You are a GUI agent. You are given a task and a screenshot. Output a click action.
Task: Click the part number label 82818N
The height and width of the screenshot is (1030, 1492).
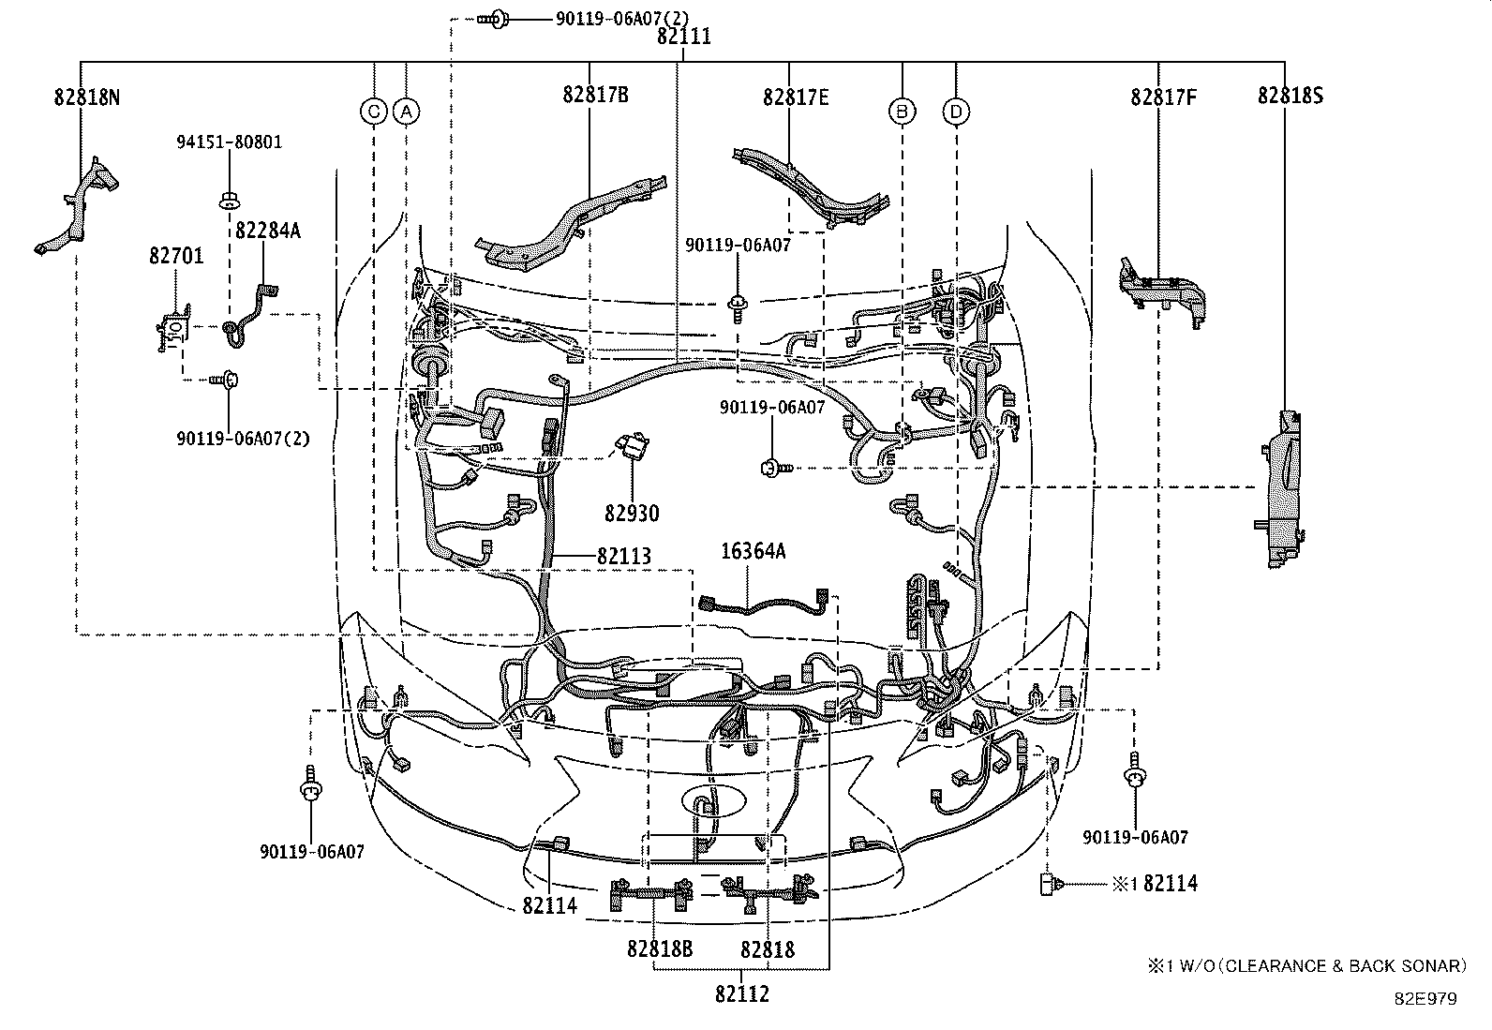point(86,97)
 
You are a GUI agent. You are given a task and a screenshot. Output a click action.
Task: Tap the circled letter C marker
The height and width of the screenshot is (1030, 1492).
point(374,112)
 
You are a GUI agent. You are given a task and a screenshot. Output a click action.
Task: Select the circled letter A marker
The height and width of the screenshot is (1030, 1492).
point(407,112)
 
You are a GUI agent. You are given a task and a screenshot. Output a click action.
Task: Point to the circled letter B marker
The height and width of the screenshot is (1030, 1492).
point(902,111)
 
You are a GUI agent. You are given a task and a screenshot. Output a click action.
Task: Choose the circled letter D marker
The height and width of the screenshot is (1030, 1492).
point(956,112)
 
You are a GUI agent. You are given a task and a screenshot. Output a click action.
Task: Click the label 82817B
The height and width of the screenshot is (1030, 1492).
point(595,95)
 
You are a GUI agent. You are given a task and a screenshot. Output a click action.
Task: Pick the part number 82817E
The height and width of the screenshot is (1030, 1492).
point(796,97)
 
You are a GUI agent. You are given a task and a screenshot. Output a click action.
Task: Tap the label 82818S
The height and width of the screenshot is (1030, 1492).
point(1291,96)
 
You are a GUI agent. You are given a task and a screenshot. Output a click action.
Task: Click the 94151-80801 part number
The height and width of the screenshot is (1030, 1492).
point(229,142)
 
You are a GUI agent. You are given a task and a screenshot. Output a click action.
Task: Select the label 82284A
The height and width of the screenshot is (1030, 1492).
point(268,231)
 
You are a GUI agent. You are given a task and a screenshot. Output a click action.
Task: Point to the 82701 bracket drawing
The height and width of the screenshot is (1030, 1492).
point(173,328)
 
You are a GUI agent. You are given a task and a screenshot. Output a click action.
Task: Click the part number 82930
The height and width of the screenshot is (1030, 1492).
point(632,513)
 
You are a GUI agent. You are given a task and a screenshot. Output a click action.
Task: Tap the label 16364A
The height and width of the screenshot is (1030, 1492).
point(753,551)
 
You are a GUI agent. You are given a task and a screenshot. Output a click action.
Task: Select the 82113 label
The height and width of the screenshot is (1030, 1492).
point(623,556)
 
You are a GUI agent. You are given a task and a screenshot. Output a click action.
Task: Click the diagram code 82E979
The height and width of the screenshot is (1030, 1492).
point(1426,999)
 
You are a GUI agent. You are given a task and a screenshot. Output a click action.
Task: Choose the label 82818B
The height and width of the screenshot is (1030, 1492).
point(660,948)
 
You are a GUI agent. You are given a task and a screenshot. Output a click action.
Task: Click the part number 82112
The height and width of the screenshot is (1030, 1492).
point(742,993)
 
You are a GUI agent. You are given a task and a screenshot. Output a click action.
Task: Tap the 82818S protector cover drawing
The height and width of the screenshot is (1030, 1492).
point(1280,489)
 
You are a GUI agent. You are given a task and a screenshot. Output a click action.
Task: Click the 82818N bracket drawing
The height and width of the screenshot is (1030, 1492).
point(77,206)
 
